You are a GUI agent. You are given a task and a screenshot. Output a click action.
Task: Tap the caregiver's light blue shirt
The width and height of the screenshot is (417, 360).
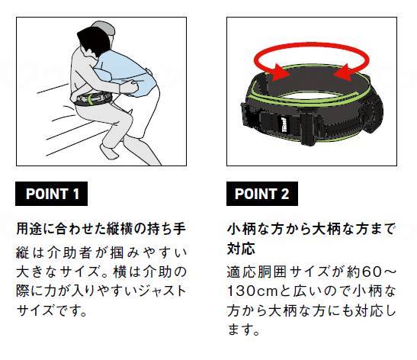(125, 69)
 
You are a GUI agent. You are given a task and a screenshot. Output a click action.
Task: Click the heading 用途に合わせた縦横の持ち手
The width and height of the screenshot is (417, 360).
(101, 229)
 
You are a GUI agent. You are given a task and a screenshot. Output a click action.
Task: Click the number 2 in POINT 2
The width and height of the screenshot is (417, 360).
(284, 194)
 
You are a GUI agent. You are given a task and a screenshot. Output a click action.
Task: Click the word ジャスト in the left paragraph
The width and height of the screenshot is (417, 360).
(164, 291)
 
